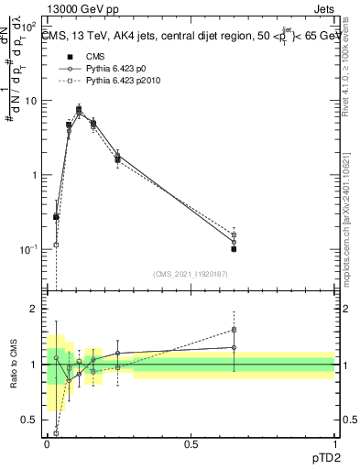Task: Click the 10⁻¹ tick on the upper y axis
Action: pos(31,249)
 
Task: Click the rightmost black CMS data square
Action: pos(235,248)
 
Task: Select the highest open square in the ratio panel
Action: pos(235,330)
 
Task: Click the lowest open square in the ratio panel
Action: pos(56,432)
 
